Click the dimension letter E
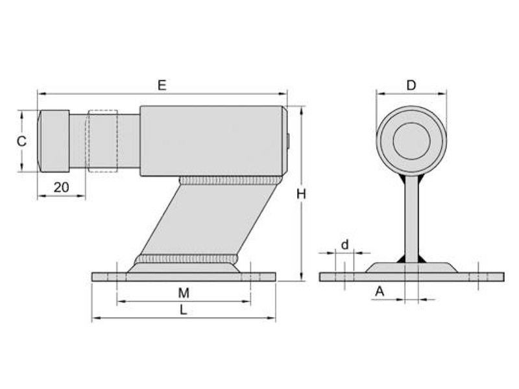coord(162,86)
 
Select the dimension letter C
coord(21,141)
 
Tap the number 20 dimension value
coord(61,187)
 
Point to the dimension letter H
coord(301,194)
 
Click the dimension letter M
coord(184,293)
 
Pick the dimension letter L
coord(184,310)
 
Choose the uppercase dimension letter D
coord(411,86)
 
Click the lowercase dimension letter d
coord(345,245)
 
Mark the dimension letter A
coord(380,291)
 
